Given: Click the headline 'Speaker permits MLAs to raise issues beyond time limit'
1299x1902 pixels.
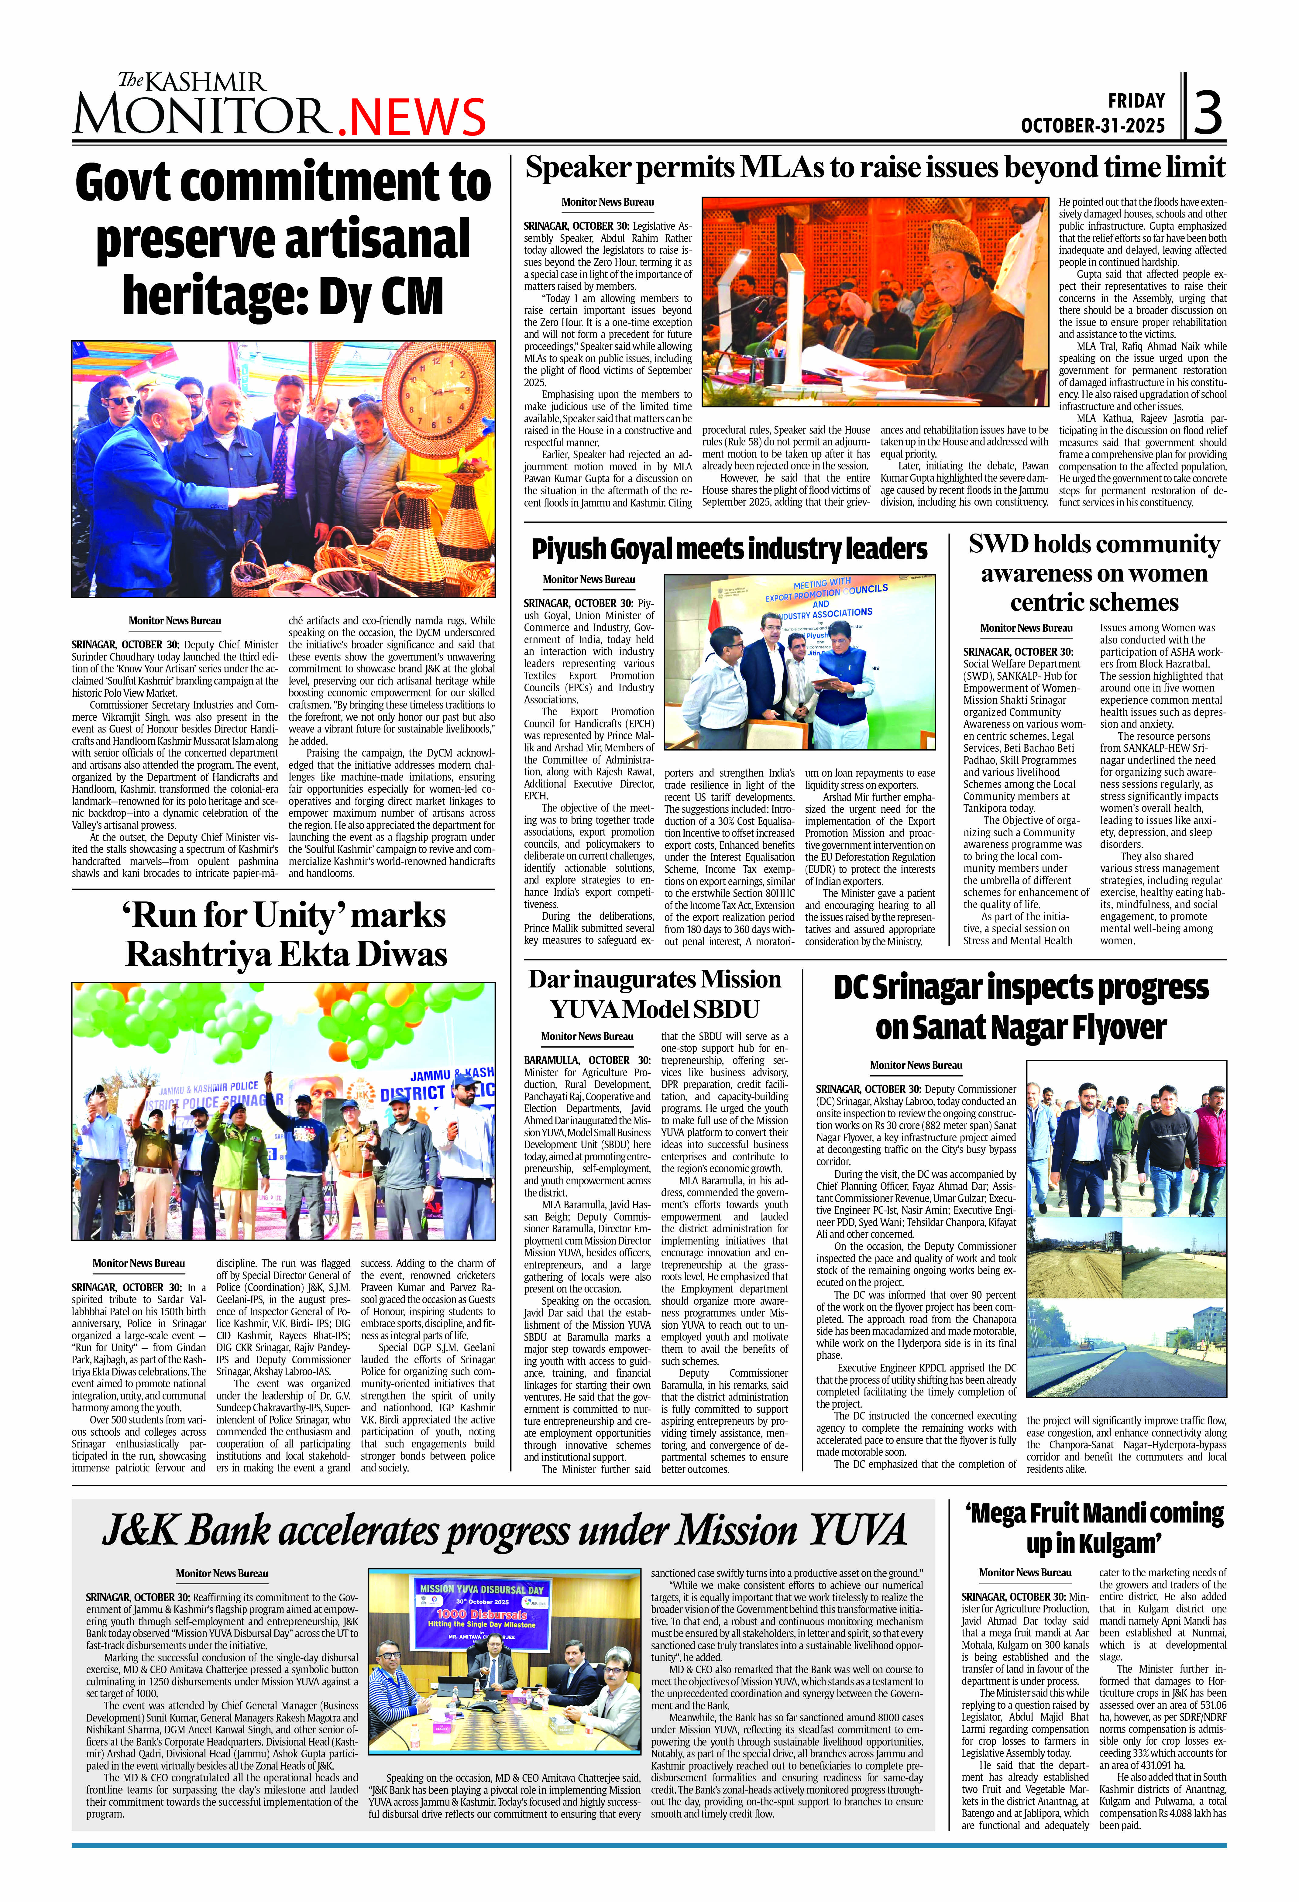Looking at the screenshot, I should tap(874, 168).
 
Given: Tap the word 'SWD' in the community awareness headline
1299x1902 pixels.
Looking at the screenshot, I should tap(997, 544).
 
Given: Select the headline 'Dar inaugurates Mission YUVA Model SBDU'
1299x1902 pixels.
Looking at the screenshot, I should tap(655, 994).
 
